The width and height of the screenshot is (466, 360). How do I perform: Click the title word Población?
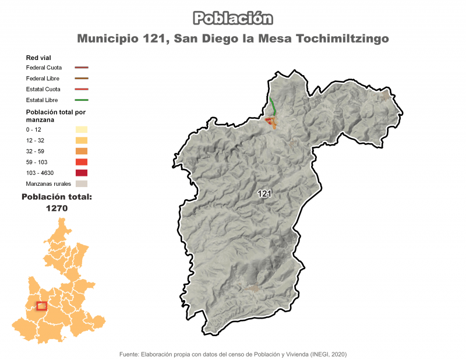point(233,19)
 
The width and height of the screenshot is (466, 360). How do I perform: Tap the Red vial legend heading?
point(38,58)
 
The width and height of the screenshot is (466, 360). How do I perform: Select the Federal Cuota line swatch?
point(82,68)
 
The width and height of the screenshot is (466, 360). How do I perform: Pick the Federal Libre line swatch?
point(82,78)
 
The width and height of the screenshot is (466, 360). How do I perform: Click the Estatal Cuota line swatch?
point(82,89)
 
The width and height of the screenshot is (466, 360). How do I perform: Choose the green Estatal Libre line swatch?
point(82,100)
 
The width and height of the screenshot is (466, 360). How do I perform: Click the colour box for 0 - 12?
point(82,129)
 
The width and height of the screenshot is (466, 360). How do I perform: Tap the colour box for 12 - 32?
point(82,140)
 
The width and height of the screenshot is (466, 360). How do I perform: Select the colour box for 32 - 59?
point(82,151)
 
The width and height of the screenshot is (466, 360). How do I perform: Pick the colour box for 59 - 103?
point(82,162)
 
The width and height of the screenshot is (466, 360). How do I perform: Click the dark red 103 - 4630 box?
point(82,173)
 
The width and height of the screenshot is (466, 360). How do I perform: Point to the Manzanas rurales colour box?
point(82,184)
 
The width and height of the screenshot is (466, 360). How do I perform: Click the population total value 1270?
point(57,208)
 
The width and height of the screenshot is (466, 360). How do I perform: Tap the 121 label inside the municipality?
point(265,195)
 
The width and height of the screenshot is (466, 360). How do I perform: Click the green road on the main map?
point(273,105)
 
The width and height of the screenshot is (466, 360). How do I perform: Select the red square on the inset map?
point(41,306)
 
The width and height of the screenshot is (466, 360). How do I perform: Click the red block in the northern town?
point(269,120)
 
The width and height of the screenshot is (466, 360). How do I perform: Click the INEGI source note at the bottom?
point(233,354)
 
